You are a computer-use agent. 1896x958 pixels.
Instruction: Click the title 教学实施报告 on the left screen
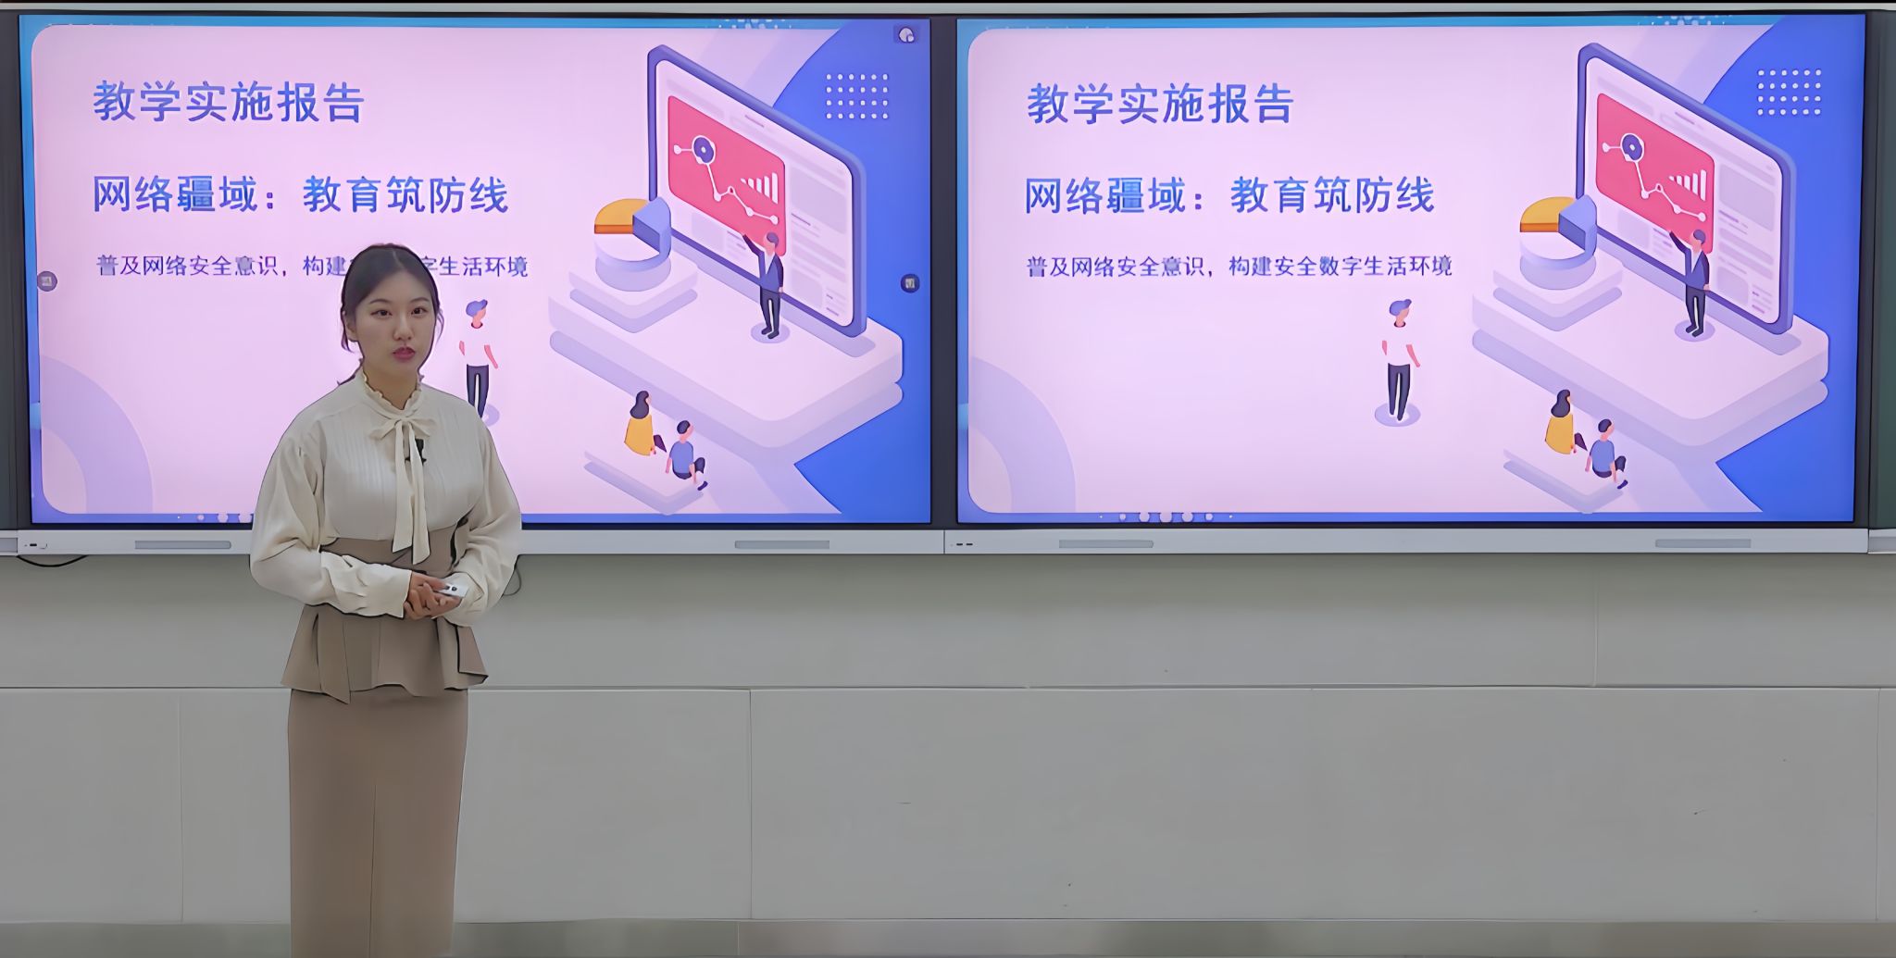(228, 102)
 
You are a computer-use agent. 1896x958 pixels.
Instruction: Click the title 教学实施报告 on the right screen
(1160, 103)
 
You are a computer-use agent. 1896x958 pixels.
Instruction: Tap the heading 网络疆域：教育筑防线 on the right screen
(1229, 195)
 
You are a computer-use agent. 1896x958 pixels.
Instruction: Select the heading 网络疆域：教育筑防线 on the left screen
(300, 195)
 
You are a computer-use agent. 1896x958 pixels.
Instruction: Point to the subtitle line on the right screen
(1239, 267)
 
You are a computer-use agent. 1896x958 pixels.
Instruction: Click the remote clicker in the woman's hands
(449, 591)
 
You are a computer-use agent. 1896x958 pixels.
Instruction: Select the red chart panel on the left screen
(727, 172)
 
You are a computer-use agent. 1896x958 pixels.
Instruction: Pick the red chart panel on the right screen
(1654, 170)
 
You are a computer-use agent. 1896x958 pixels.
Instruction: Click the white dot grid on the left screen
(856, 95)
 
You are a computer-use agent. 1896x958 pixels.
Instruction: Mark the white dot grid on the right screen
(1789, 93)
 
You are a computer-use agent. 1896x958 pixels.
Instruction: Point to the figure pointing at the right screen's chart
(1692, 281)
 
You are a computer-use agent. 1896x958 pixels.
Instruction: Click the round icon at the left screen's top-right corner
(906, 35)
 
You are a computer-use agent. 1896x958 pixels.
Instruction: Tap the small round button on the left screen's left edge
(47, 280)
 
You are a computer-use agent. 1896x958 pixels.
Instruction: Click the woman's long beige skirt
(377, 815)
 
